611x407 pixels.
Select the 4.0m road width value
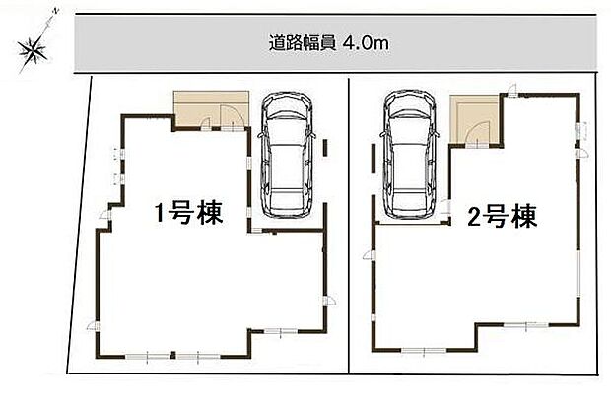tap(367, 43)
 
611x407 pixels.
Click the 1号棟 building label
tap(186, 214)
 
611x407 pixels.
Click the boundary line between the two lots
tap(350, 227)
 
